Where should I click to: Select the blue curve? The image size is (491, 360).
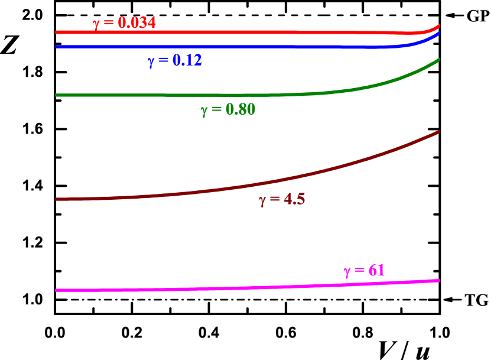pyautogui.click(x=236, y=46)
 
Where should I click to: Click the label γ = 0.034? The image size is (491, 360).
pyautogui.click(x=124, y=22)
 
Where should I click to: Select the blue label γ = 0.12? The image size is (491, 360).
pyautogui.click(x=175, y=60)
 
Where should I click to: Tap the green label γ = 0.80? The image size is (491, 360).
pyautogui.click(x=227, y=109)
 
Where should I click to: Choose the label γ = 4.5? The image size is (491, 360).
pyautogui.click(x=282, y=199)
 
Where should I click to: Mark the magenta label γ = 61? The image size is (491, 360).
pyautogui.click(x=364, y=271)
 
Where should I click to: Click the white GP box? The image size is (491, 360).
pyautogui.click(x=477, y=16)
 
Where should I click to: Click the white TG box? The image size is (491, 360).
pyautogui.click(x=476, y=300)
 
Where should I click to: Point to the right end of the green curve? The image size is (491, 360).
pyautogui.click(x=439, y=60)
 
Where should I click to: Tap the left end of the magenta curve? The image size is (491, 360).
pyautogui.click(x=56, y=290)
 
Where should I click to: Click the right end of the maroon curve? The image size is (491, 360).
pyautogui.click(x=439, y=131)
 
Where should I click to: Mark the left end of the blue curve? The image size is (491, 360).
pyautogui.click(x=56, y=46)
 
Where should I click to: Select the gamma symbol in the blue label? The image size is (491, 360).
pyautogui.click(x=151, y=61)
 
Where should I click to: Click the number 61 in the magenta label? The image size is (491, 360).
pyautogui.click(x=376, y=270)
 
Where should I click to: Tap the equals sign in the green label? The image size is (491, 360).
pyautogui.click(x=216, y=109)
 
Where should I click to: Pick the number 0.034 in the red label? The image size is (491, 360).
pyautogui.click(x=136, y=22)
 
